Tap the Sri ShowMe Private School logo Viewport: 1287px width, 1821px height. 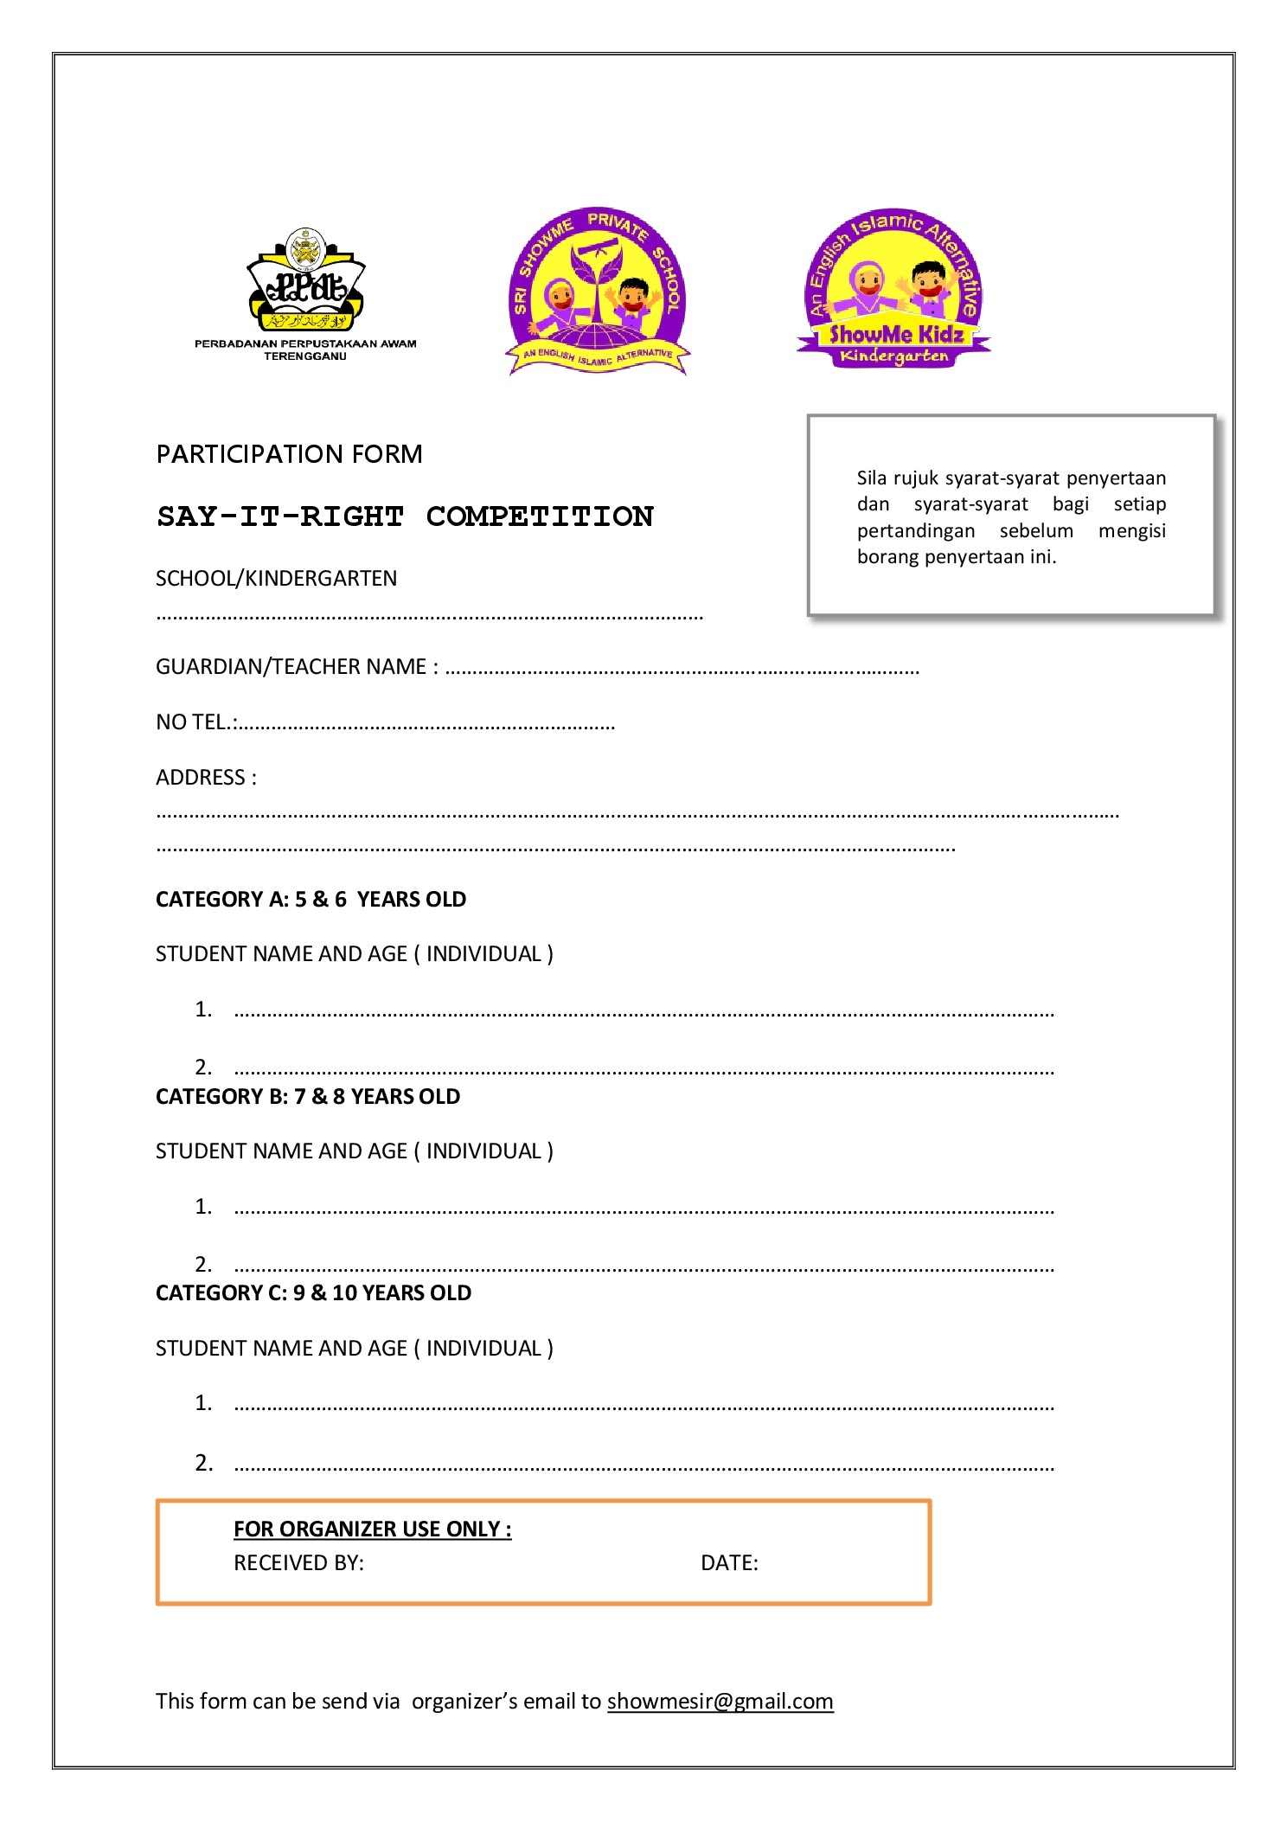[x=598, y=292]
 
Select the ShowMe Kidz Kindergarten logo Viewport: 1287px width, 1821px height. [x=893, y=289]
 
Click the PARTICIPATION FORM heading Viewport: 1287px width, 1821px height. [x=289, y=454]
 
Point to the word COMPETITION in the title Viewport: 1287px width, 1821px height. [x=540, y=516]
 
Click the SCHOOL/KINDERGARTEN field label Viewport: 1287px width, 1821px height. [x=276, y=578]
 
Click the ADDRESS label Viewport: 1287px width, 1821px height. [x=206, y=777]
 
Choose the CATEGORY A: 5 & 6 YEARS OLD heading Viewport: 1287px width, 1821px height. [x=311, y=900]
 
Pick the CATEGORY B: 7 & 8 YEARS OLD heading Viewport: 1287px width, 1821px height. [x=307, y=1096]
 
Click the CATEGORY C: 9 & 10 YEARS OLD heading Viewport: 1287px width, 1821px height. [x=313, y=1292]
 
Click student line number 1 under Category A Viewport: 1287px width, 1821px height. [x=643, y=1010]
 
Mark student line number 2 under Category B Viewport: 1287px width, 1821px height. [x=643, y=1266]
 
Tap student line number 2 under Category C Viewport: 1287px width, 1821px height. [x=643, y=1464]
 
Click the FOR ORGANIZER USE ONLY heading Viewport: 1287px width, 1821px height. [x=372, y=1529]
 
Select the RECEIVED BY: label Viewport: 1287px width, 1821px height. [x=298, y=1562]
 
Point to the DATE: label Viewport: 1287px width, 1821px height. [x=729, y=1562]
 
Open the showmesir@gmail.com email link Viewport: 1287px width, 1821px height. [x=720, y=1701]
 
